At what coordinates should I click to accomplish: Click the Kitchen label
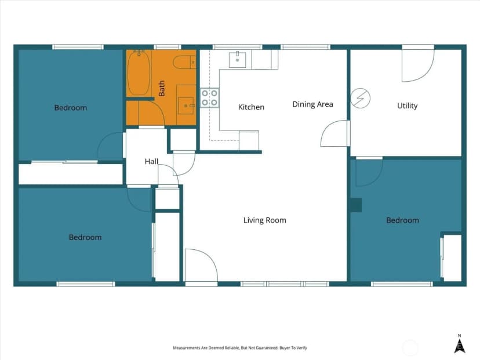coord(251,107)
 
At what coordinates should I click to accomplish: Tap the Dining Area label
coord(312,104)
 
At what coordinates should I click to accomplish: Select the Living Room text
coord(265,220)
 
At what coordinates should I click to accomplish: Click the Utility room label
coord(407,106)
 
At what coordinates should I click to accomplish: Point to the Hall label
coord(151,161)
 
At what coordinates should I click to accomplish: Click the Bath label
coord(162,89)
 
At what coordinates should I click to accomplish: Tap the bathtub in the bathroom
coord(139,73)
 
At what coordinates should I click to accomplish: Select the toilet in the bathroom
coord(184,62)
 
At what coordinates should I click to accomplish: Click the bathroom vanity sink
coord(186,106)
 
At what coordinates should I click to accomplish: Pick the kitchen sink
coord(237,60)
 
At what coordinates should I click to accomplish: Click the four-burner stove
coord(209,97)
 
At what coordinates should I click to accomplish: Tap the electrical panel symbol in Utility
coord(361,98)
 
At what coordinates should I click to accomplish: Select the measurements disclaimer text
coord(240,348)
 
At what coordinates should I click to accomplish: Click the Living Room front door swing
coord(201,265)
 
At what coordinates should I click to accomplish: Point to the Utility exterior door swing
coord(418,66)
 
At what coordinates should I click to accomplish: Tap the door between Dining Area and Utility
coord(334,133)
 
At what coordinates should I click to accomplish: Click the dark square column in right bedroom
coord(356,205)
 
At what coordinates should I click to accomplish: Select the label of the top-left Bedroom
coord(70,108)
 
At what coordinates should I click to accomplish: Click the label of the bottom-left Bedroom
coord(85,237)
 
